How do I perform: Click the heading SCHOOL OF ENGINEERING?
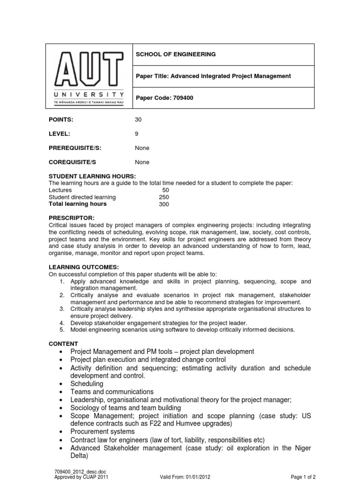(x=176, y=54)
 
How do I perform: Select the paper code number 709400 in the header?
(x=183, y=98)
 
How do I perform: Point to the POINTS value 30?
(x=138, y=120)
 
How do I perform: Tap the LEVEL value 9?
(x=136, y=134)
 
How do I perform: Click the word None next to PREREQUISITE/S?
(x=142, y=148)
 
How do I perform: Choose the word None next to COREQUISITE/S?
(x=142, y=162)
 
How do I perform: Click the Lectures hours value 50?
(x=165, y=190)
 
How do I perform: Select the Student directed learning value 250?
(x=164, y=197)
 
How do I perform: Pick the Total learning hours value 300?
(x=164, y=204)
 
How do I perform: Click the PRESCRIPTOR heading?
(x=72, y=218)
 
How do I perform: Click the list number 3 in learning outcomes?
(x=62, y=309)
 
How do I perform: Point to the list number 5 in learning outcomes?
(x=62, y=330)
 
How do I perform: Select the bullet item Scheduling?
(x=87, y=383)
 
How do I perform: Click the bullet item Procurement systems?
(x=102, y=431)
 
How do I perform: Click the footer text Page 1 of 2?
(x=303, y=477)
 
